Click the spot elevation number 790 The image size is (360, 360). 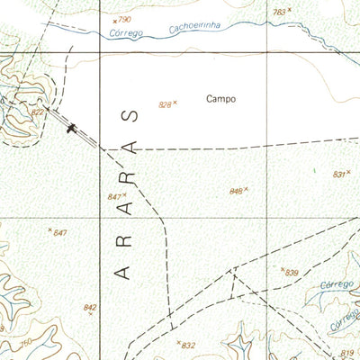coord(124,19)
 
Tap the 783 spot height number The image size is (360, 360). coord(280,12)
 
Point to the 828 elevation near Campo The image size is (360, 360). coord(165,104)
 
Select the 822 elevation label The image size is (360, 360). coord(38,112)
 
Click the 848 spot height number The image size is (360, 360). coord(237,191)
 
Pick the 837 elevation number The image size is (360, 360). coord(339,175)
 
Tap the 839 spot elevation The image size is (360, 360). coord(291,272)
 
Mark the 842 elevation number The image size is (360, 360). coord(89,308)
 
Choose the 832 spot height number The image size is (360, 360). coord(188,345)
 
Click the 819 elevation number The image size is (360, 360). coord(348,354)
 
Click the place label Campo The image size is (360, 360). coord(220,99)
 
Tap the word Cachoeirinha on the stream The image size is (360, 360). coord(193,30)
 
